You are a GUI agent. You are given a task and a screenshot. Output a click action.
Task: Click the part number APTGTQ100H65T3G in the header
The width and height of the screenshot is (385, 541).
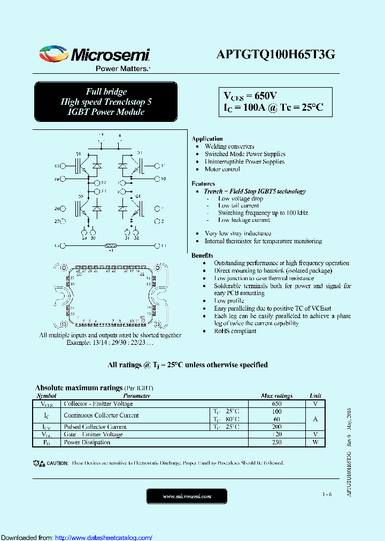[x=276, y=55]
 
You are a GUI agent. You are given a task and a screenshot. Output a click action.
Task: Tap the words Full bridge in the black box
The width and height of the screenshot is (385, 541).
[x=106, y=91]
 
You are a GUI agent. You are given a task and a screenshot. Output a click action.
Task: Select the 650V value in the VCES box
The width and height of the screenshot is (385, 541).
[x=265, y=96]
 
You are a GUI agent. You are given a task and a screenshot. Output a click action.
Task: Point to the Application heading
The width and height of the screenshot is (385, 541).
[x=207, y=138]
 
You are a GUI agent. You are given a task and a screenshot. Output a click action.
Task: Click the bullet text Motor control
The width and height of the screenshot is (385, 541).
[x=222, y=169]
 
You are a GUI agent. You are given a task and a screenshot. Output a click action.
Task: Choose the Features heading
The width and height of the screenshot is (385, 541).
[x=203, y=183]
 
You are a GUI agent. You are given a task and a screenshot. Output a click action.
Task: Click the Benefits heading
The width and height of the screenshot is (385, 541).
[x=203, y=256]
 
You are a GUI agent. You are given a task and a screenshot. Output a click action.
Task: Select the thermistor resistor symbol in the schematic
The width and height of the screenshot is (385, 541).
[x=111, y=245]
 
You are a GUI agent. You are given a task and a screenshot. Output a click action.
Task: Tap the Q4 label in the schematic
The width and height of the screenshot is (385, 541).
[x=138, y=196]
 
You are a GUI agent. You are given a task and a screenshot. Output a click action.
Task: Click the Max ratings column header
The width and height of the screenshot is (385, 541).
[x=276, y=396]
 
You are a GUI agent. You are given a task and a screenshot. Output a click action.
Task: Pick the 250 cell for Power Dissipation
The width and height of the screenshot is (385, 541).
[x=276, y=442]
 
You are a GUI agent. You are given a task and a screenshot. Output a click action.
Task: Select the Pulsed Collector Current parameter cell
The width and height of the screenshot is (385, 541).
[x=95, y=427]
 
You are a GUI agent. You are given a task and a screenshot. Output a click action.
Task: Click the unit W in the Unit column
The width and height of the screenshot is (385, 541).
[x=315, y=442]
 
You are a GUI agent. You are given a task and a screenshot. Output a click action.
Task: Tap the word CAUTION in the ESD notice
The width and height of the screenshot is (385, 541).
[x=57, y=463]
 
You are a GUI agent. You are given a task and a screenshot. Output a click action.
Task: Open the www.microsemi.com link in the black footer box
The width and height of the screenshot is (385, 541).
[x=187, y=497]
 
